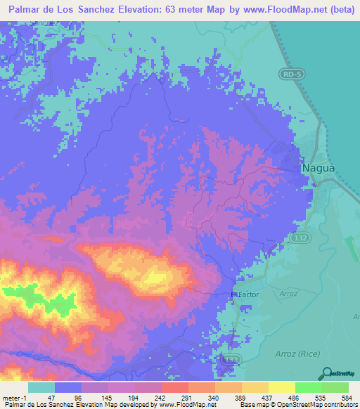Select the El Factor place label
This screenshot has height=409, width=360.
(x=245, y=294)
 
